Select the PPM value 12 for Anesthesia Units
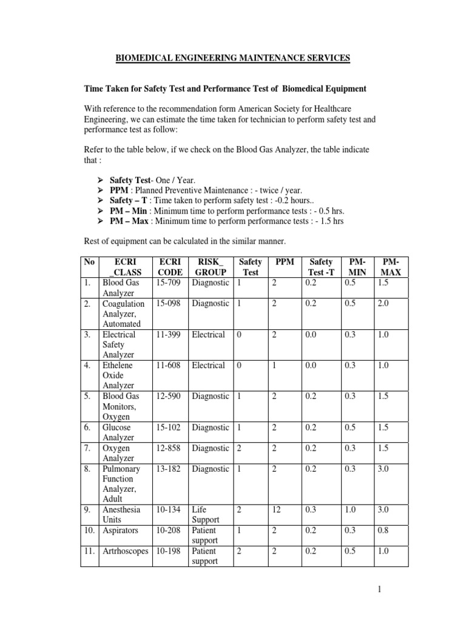(x=277, y=510)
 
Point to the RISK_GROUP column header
(x=210, y=267)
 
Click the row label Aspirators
(x=121, y=531)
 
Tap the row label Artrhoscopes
(x=125, y=551)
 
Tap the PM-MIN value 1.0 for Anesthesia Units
(x=351, y=510)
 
